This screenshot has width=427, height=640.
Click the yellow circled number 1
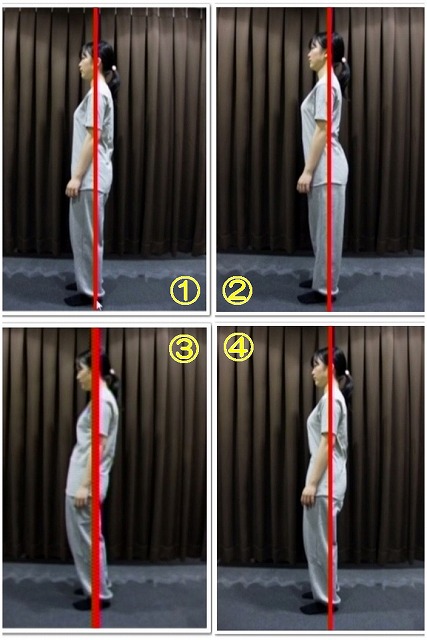(185, 291)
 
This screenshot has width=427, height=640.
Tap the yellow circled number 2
(237, 290)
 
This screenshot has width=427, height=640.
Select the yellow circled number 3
(184, 349)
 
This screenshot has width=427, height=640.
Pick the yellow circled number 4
(238, 347)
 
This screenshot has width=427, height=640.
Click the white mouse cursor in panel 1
(99, 305)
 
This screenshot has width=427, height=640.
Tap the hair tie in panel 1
(114, 68)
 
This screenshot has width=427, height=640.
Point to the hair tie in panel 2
(344, 60)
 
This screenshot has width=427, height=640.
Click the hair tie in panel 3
(111, 372)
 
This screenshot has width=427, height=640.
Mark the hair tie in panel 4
(347, 373)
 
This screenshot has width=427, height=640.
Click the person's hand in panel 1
(73, 188)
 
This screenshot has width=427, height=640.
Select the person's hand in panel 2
(304, 183)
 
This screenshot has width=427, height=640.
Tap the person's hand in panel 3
(82, 497)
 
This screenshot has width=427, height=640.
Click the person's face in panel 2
(314, 55)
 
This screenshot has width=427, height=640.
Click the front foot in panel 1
(80, 300)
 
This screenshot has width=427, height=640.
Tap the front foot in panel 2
(314, 297)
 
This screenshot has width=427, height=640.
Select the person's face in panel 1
(87, 63)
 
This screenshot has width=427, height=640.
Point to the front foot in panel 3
(91, 604)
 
